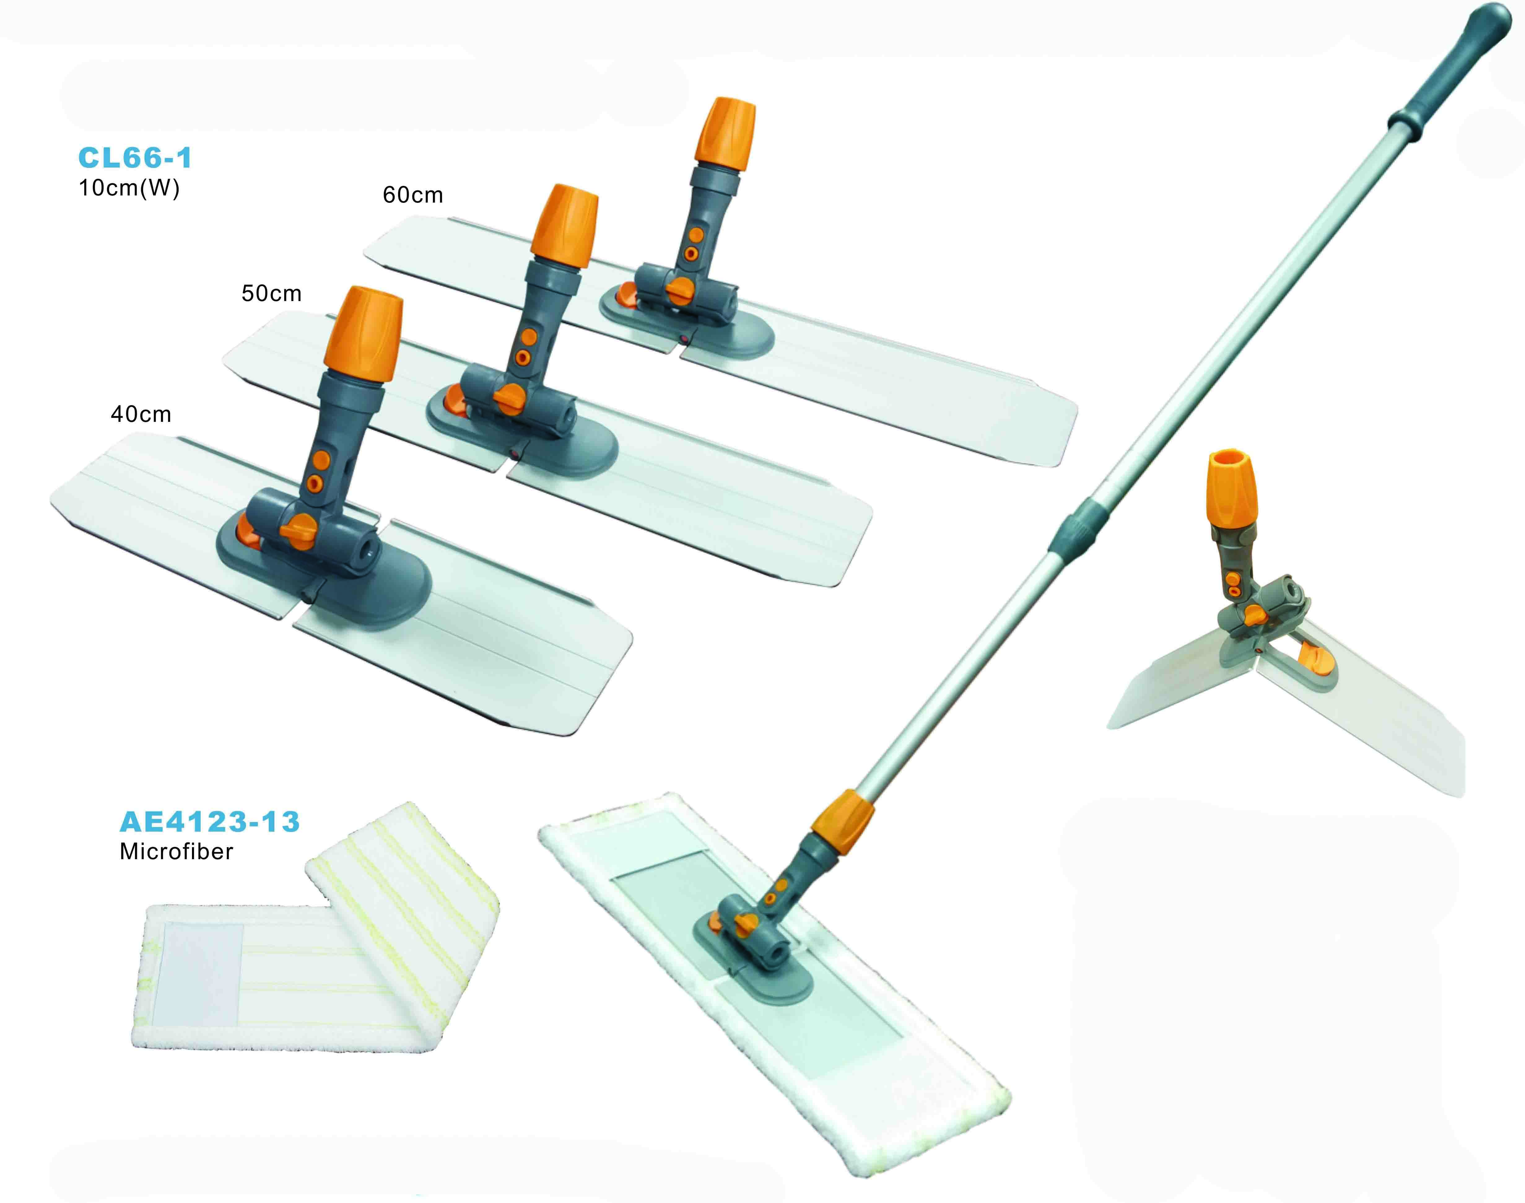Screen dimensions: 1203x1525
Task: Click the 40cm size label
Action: [x=141, y=414]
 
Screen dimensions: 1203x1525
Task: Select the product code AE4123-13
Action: [x=210, y=821]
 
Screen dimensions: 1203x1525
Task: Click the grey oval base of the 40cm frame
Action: [x=380, y=592]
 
